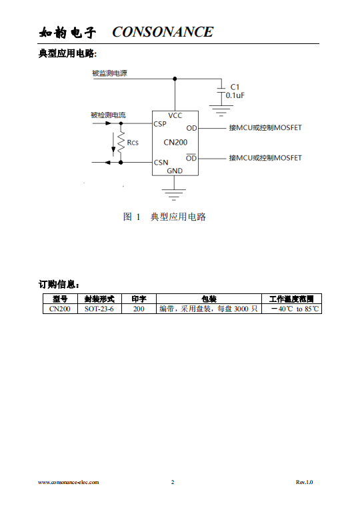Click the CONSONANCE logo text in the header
[163, 32]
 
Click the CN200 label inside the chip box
[175, 143]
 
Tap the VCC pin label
[175, 115]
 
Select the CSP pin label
[160, 124]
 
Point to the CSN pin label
[161, 162]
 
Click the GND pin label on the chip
[175, 171]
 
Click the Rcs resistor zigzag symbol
[121, 143]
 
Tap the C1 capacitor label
[235, 87]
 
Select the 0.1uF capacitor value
[235, 95]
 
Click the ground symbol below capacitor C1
[221, 111]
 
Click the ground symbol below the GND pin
[174, 195]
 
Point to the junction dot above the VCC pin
[175, 79]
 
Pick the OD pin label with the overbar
[191, 158]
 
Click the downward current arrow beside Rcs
[113, 143]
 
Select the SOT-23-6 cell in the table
[99, 309]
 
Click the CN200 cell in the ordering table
[60, 309]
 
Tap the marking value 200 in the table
[139, 309]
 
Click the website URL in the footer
[69, 482]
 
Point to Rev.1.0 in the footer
[305, 482]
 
